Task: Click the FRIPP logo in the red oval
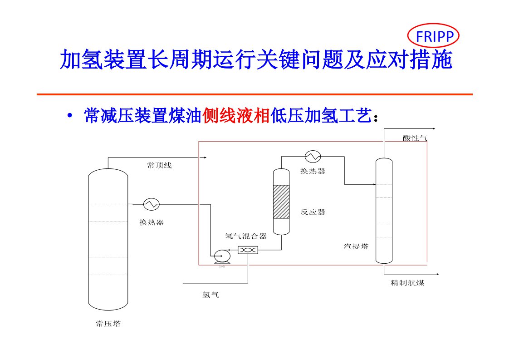click(434, 36)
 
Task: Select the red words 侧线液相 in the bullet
click(236, 116)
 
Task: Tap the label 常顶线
click(159, 166)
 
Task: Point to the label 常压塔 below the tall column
click(108, 324)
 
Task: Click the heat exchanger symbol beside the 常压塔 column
click(151, 204)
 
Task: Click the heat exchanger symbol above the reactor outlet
click(313, 156)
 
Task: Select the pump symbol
click(222, 256)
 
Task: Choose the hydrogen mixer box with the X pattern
click(248, 250)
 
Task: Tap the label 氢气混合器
click(246, 236)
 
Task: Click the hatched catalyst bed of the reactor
click(281, 201)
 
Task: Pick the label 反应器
click(313, 212)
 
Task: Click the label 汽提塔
click(356, 247)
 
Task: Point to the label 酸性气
click(415, 138)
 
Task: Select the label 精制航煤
click(407, 283)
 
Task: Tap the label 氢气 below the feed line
click(210, 295)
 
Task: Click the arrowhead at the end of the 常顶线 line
click(205, 158)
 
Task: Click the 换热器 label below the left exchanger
click(152, 222)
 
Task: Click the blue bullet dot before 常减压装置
click(69, 116)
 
